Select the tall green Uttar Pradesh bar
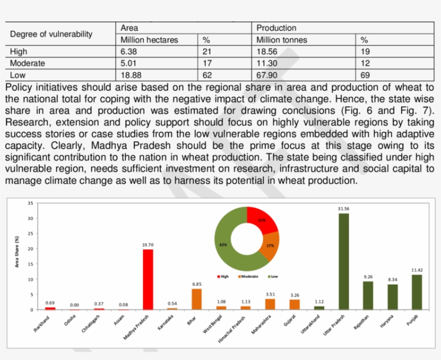click(x=343, y=262)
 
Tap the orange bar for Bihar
click(x=197, y=299)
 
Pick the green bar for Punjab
click(x=417, y=292)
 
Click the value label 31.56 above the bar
click(x=343, y=208)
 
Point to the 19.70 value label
click(x=147, y=244)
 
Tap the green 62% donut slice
click(x=226, y=244)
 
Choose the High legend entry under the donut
click(x=223, y=277)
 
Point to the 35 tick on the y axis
click(x=30, y=203)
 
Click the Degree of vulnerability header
click(x=51, y=34)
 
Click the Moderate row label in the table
click(x=27, y=63)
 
